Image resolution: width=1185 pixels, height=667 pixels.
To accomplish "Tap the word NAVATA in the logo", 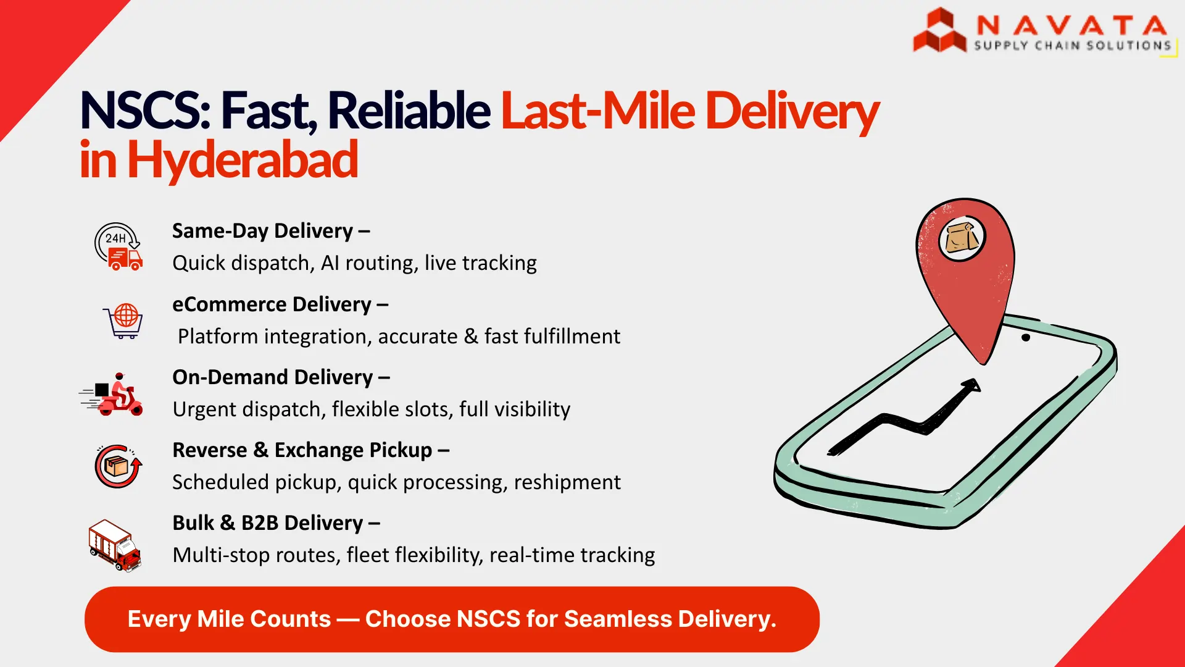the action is tap(1071, 26).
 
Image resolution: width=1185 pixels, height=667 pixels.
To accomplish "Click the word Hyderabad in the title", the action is tap(243, 159).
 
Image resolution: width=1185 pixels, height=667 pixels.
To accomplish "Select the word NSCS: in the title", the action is tap(146, 111).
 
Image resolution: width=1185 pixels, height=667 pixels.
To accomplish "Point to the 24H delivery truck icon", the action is tap(118, 246).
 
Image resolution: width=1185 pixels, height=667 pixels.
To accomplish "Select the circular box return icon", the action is tap(118, 466).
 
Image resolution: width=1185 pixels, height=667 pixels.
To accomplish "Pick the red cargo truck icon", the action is tap(115, 545).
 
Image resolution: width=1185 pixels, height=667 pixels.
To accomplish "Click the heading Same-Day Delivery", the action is tap(262, 231).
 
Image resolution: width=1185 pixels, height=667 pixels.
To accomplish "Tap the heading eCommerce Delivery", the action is tap(272, 304).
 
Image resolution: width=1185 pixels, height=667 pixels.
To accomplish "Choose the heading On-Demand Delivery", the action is tap(272, 377).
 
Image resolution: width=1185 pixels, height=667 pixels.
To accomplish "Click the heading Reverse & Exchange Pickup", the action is tap(302, 450).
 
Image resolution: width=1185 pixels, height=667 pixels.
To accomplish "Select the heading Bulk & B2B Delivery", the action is tap(268, 523).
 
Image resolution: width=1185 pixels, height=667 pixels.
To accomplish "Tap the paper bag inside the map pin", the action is tap(962, 238).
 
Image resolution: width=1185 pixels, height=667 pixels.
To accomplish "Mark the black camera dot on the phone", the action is tap(1026, 338).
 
